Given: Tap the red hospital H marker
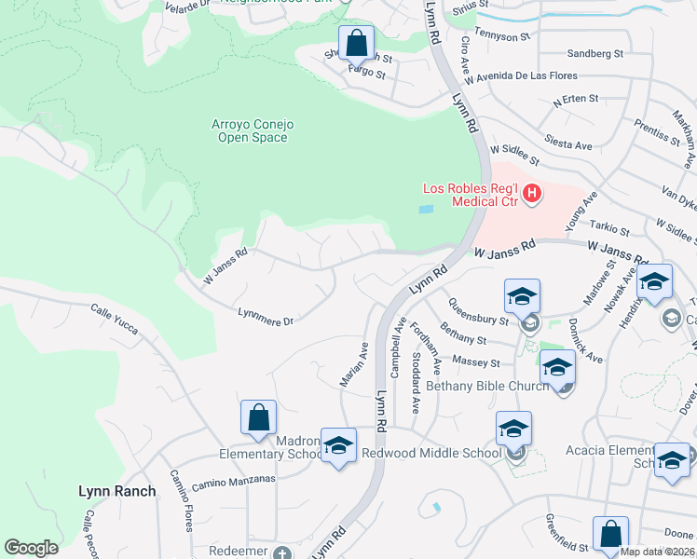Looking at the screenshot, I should click(x=531, y=194).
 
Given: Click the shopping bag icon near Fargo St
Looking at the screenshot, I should click(x=356, y=43).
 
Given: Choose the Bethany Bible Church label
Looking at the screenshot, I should click(x=485, y=385).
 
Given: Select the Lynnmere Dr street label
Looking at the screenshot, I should click(x=266, y=317).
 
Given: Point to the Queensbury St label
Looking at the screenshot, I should click(x=477, y=310).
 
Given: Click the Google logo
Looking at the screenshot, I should click(x=31, y=548).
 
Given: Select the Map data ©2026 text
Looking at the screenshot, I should click(x=657, y=552).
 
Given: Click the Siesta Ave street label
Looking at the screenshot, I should click(x=571, y=145).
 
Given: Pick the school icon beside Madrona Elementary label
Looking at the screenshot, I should click(x=338, y=445).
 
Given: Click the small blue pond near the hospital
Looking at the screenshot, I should click(x=427, y=210).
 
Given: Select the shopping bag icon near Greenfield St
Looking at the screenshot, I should click(x=610, y=535).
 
